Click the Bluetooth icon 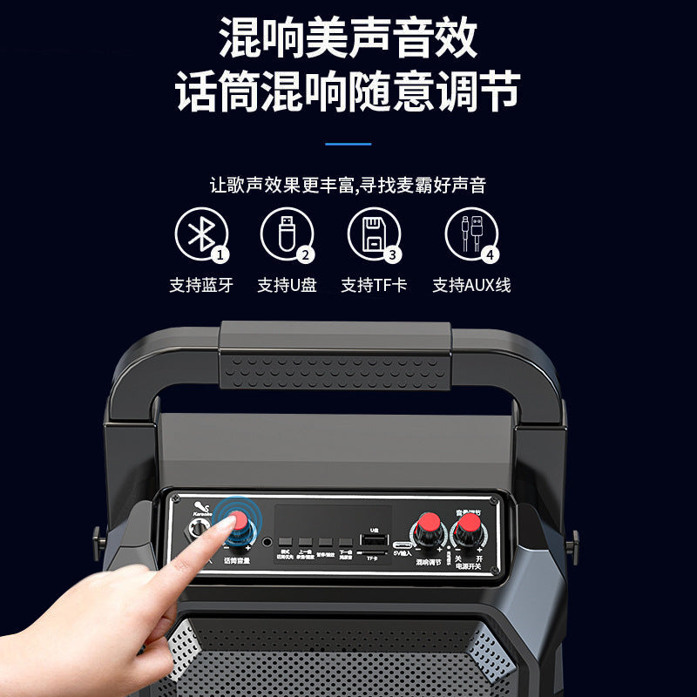pos(201,233)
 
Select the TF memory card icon pos(372,233)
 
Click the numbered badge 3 pos(393,255)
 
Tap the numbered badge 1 pos(220,255)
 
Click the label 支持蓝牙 pos(201,285)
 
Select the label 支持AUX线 pos(471,285)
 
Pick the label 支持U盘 pos(286,285)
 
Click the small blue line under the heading pos(348,144)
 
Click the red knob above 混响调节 pos(428,525)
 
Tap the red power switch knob pos(470,525)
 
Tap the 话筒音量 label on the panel pos(236,560)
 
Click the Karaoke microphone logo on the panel pos(201,507)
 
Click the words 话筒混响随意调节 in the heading pos(348,91)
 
